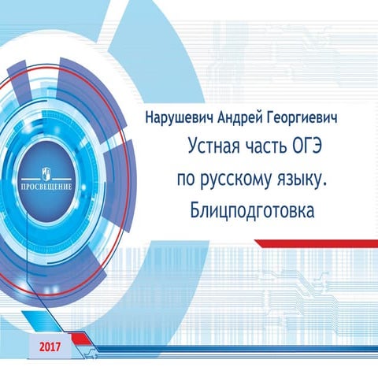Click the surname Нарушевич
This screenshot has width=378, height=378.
point(178,118)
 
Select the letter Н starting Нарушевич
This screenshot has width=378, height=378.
point(150,118)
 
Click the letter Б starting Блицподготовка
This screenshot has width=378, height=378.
point(195,210)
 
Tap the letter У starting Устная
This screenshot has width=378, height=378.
point(193,147)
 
